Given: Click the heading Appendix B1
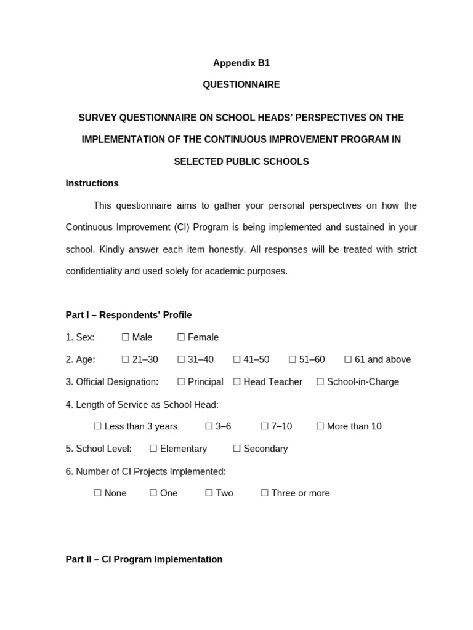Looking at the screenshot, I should click(x=241, y=63).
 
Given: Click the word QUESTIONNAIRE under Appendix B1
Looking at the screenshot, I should click(x=241, y=85).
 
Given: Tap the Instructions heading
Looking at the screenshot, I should click(x=92, y=183).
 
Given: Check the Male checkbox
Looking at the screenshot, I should click(x=126, y=337).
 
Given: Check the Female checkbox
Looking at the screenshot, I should click(x=181, y=337).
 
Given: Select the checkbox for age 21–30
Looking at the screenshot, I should click(x=126, y=359).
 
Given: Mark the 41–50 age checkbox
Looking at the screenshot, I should click(x=237, y=359).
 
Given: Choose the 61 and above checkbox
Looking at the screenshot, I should click(x=348, y=359).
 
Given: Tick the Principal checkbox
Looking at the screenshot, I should click(x=181, y=381).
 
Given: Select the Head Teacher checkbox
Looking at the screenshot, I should click(x=237, y=381).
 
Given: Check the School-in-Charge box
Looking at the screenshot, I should click(x=320, y=381).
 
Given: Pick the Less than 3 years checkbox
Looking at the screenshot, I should click(x=98, y=426).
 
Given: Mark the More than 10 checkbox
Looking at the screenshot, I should click(x=320, y=426).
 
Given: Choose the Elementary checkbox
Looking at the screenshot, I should click(x=153, y=449).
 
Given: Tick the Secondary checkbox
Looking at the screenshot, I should click(x=237, y=449).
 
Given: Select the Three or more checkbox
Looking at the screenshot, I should click(x=265, y=493).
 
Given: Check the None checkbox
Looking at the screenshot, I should click(x=98, y=493).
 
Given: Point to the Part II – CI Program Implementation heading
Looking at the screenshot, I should click(x=144, y=559).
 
